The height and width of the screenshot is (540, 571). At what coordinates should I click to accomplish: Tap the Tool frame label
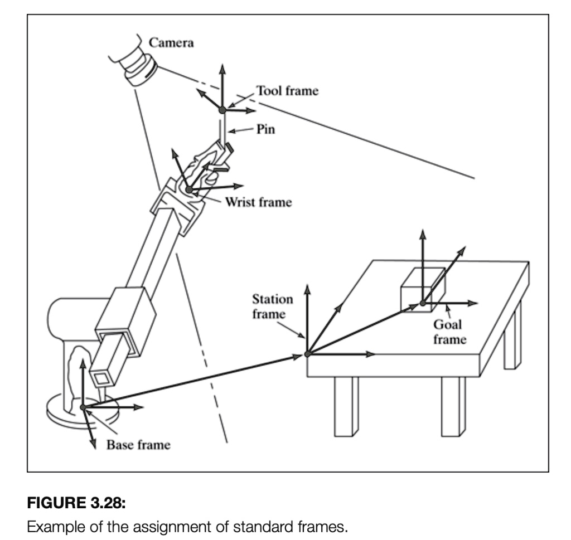tap(287, 91)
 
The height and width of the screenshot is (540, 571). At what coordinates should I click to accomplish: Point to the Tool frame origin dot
tap(222, 110)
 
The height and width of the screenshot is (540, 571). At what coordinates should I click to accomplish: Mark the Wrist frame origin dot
tap(188, 191)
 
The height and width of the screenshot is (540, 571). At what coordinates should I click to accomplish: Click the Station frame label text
tap(273, 307)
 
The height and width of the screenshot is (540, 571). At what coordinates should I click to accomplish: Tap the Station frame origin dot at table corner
tap(307, 353)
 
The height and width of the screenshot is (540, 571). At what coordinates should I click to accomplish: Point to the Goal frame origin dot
tap(423, 303)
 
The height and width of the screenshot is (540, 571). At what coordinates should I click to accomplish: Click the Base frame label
tap(138, 445)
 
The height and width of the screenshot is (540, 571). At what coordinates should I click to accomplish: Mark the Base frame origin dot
tap(83, 407)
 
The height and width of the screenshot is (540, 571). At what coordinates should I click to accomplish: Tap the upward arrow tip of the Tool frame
tap(222, 66)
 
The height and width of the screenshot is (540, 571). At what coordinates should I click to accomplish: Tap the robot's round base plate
tap(61, 412)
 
